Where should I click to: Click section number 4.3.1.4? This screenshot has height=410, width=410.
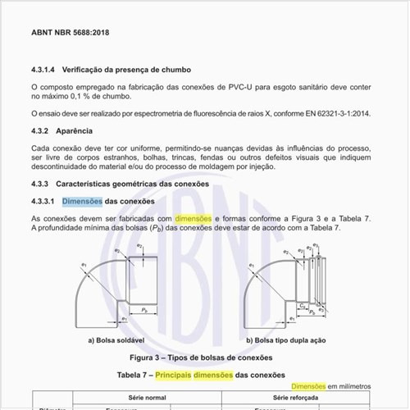tap(46, 71)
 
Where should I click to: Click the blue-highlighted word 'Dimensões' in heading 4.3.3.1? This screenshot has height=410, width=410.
tap(82, 201)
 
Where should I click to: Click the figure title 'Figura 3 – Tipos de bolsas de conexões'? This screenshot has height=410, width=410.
tap(201, 358)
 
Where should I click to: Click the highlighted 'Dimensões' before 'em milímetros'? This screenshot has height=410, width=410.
tap(309, 385)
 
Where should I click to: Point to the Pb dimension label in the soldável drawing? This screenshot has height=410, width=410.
tap(143, 311)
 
